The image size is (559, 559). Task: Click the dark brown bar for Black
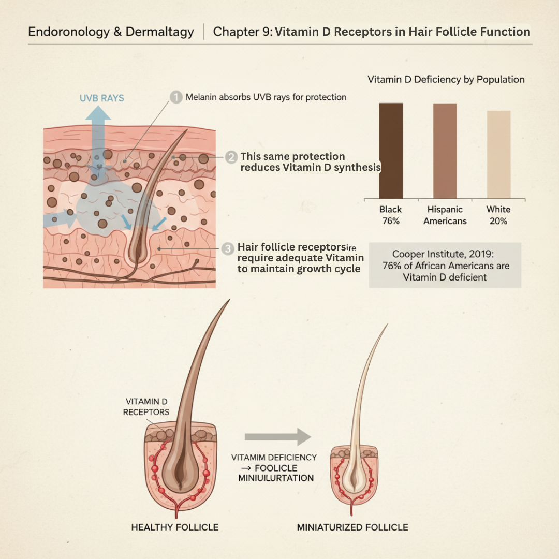[391, 150]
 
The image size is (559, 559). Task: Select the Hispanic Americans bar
[445, 150]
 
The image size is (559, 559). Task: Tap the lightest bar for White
[498, 154]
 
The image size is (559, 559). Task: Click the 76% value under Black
[391, 221]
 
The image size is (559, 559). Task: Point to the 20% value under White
[498, 221]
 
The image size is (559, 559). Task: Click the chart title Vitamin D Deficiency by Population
[446, 80]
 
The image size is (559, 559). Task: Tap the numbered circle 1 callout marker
[176, 97]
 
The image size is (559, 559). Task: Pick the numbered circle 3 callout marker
[228, 248]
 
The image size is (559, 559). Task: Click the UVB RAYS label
[101, 98]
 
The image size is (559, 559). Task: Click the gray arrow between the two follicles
[277, 437]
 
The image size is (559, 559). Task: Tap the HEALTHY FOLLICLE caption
[175, 527]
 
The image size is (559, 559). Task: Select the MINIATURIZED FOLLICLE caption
[352, 527]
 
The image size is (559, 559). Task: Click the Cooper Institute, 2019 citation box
[445, 265]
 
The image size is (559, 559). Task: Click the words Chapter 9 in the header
[242, 32]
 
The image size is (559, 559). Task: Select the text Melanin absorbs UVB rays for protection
[266, 97]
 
